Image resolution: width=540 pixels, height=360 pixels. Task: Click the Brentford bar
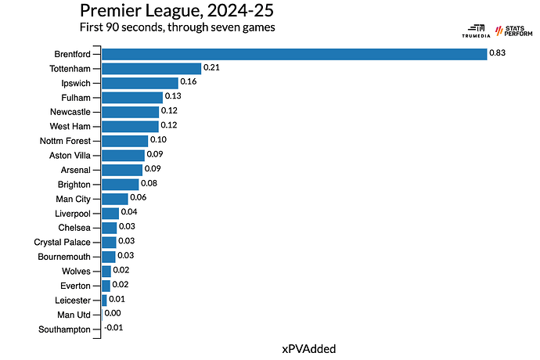[x=293, y=53]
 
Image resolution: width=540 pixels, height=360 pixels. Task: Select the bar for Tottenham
[x=151, y=68]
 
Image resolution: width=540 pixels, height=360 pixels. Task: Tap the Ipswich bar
[x=140, y=82]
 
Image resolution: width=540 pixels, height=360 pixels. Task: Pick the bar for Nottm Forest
[x=124, y=141]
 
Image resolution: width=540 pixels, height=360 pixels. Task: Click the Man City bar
[x=114, y=199]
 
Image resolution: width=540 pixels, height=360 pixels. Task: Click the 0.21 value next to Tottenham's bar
[x=211, y=68]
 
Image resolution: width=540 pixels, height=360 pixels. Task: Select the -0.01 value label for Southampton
[x=114, y=329]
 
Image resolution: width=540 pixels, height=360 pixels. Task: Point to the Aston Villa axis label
[x=70, y=156]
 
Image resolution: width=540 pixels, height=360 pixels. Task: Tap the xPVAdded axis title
[x=308, y=348]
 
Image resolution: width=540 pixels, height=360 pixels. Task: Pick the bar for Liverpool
[x=110, y=214]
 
